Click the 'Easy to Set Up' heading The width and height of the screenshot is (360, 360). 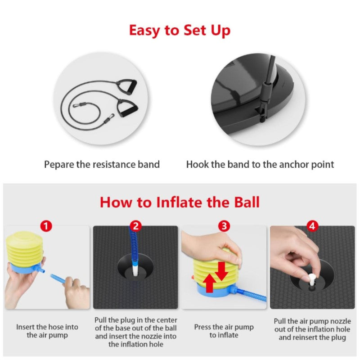click(180, 30)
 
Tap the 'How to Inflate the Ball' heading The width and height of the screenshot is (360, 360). click(180, 202)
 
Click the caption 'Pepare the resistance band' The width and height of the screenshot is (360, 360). click(102, 165)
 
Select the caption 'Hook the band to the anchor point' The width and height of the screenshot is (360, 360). click(260, 165)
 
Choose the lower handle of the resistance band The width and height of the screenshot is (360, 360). click(127, 108)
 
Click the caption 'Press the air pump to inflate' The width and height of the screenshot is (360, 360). click(224, 331)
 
